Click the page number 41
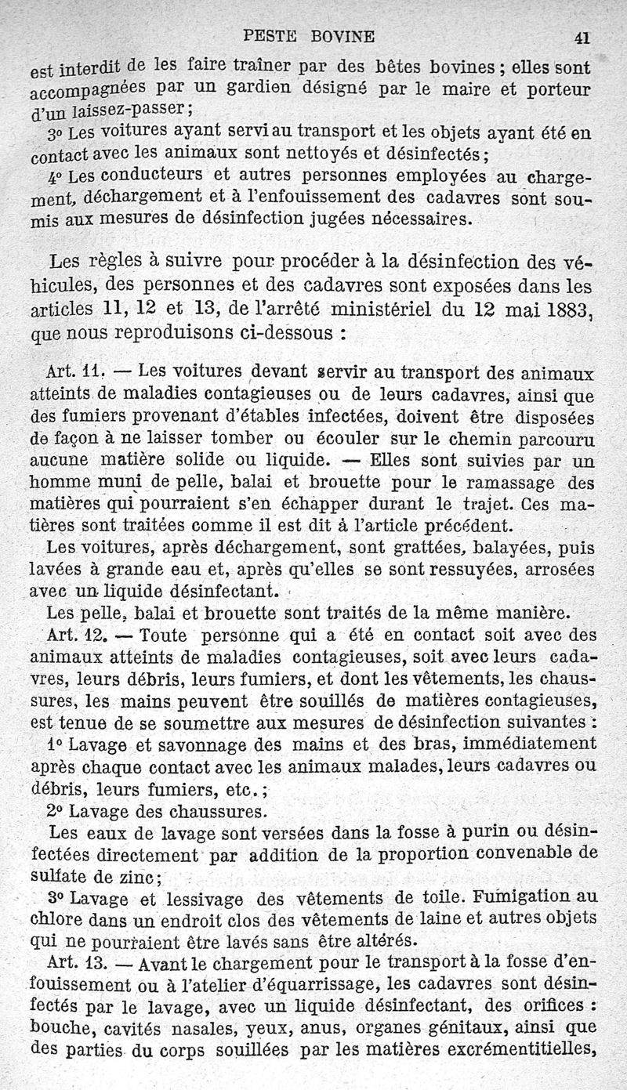point(581,37)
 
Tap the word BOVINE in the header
point(342,35)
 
